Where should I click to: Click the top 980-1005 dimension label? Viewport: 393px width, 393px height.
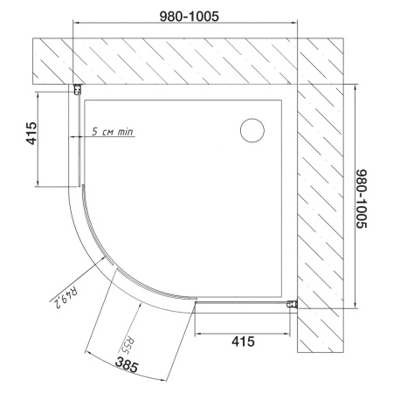click(190, 17)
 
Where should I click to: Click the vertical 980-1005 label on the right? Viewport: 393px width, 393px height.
click(362, 199)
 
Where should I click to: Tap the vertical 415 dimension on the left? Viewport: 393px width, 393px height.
click(31, 134)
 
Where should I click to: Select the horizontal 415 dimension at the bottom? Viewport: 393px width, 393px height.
click(243, 341)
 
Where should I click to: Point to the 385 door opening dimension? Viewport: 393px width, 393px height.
click(127, 365)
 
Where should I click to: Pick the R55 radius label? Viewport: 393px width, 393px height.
click(124, 346)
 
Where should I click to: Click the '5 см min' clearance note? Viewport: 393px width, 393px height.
click(113, 132)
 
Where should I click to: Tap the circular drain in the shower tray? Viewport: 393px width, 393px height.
click(252, 130)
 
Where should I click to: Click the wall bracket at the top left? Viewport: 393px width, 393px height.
click(77, 89)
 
